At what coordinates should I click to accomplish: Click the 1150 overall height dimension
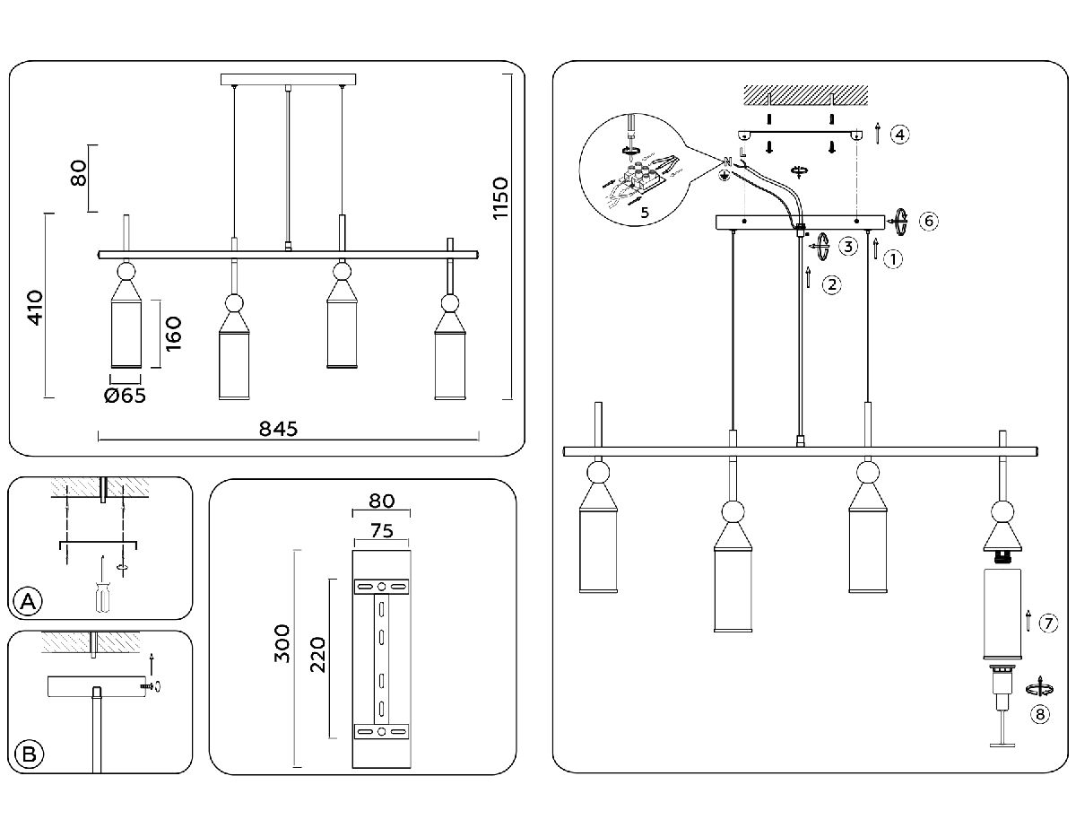pyautogui.click(x=499, y=199)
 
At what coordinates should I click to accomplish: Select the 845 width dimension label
pyautogui.click(x=278, y=429)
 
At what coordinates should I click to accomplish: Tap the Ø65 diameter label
pyautogui.click(x=125, y=396)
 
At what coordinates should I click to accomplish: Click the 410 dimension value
pyautogui.click(x=35, y=308)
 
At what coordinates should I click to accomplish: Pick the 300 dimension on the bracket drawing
pyautogui.click(x=282, y=642)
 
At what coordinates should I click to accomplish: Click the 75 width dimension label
pyautogui.click(x=382, y=530)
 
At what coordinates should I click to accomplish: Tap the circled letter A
pyautogui.click(x=29, y=602)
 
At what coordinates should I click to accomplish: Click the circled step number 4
pyautogui.click(x=900, y=135)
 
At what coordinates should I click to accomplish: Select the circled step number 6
pyautogui.click(x=929, y=220)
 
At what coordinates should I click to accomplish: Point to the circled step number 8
pyautogui.click(x=1039, y=714)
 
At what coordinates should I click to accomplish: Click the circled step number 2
pyautogui.click(x=832, y=285)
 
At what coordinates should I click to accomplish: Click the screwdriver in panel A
pyautogui.click(x=100, y=592)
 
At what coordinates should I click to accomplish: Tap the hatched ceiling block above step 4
pyautogui.click(x=805, y=94)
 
